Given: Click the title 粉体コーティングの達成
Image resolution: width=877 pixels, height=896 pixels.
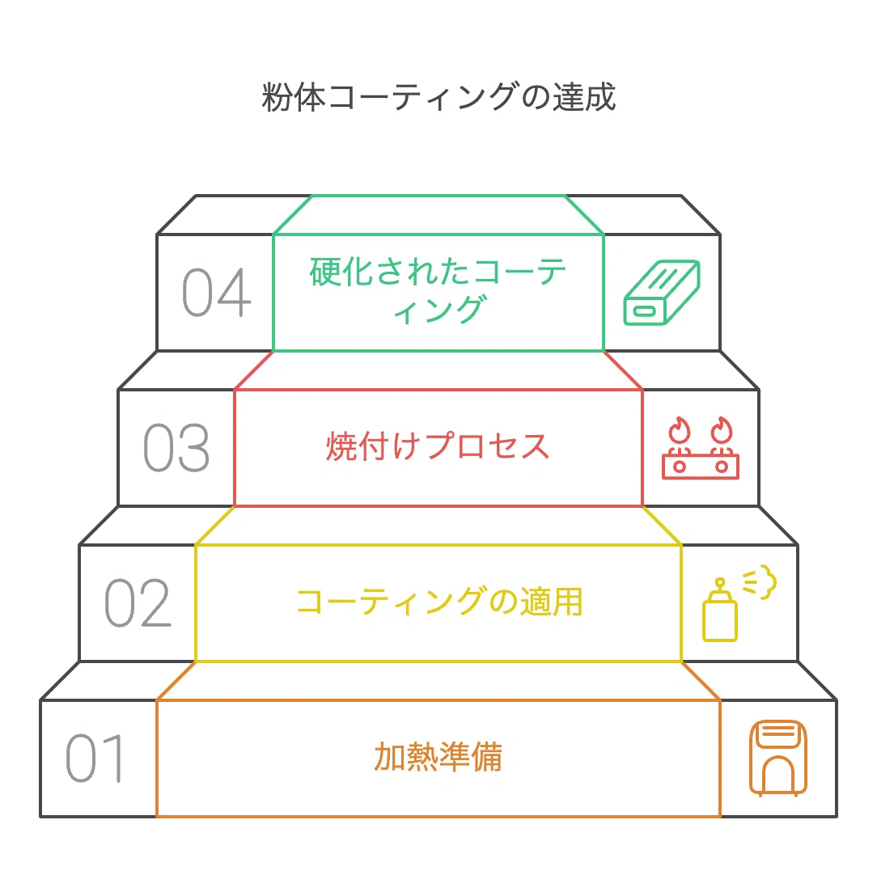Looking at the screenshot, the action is [438, 96].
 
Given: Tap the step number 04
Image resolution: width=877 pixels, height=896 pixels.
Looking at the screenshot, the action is [217, 292].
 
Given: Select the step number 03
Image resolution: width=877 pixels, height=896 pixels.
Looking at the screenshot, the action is [176, 448].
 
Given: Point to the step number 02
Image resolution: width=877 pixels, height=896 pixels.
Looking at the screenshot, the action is [138, 602].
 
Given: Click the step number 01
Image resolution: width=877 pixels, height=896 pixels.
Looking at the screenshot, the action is [95, 758].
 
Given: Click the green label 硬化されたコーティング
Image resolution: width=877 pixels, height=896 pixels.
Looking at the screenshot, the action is [438, 290].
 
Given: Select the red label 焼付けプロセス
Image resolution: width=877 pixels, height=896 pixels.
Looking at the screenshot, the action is [438, 446].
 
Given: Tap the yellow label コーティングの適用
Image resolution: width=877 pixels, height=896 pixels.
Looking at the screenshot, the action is [439, 601].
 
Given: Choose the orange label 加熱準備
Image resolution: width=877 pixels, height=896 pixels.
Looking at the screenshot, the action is [438, 757].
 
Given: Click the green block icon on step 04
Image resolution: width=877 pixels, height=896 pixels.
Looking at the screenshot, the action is [662, 293].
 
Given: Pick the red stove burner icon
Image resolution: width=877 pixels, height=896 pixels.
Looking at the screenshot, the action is [701, 448].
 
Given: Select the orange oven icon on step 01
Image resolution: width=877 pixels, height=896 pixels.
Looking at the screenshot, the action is [778, 758].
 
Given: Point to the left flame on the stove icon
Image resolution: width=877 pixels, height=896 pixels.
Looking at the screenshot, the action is [680, 429].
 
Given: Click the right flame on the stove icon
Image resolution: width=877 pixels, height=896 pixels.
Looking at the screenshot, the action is [722, 429].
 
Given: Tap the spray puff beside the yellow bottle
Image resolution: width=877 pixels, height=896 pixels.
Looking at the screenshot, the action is [760, 581].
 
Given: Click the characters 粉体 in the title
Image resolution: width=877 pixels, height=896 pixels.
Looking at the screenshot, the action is [294, 96].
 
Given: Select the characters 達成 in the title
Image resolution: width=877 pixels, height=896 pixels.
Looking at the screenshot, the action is [583, 96].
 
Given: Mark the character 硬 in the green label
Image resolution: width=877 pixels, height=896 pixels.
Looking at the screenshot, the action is [325, 272].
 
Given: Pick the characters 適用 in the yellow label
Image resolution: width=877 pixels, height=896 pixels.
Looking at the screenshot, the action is [551, 601].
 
